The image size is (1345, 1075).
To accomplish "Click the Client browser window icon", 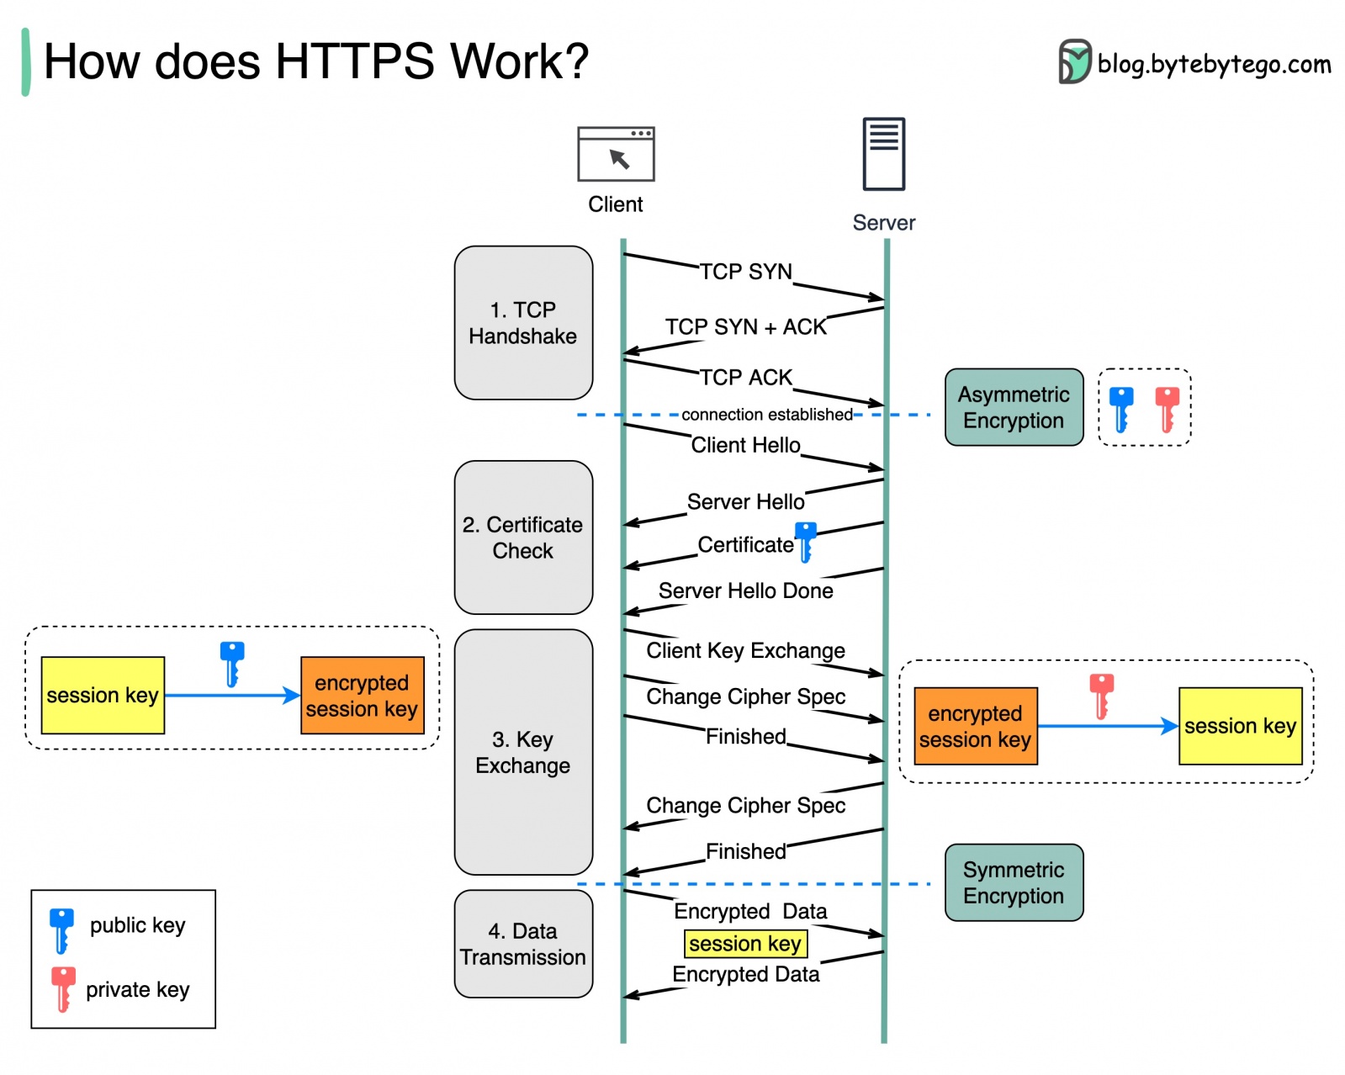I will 616,154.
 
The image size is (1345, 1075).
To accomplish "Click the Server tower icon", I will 883,154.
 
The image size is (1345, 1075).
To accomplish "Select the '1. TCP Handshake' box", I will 523,323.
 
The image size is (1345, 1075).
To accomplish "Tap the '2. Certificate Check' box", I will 523,537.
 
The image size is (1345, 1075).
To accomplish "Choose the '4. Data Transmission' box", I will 523,944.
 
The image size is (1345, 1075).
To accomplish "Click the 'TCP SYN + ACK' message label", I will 745,327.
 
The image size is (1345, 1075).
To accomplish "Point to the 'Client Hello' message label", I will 745,445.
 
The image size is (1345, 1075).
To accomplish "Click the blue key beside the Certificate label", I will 806,542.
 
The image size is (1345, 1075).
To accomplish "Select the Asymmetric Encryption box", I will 1014,407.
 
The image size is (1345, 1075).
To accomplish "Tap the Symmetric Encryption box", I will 1014,882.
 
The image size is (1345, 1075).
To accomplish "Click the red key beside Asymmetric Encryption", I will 1167,409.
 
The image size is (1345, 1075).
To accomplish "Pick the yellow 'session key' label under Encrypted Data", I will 745,944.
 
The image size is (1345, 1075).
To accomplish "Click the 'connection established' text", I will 766,415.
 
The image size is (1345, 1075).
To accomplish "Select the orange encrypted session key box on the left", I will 362,696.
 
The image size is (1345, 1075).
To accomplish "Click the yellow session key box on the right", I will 1240,726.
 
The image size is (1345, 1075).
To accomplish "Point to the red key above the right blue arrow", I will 1101,696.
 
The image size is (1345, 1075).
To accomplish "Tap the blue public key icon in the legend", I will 61,929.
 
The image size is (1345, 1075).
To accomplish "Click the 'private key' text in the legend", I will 137,990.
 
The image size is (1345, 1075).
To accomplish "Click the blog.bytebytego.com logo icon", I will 1074,62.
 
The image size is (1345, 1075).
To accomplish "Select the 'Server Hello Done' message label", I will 745,591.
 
